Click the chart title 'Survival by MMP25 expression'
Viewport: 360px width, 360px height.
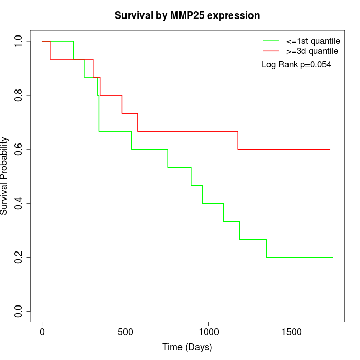(187, 15)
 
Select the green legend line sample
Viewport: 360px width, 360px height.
(271, 41)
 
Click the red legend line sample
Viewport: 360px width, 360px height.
(271, 51)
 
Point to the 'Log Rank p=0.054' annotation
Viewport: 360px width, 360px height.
(296, 65)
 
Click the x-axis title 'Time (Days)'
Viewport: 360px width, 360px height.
(187, 347)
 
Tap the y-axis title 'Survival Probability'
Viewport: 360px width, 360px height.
(5, 176)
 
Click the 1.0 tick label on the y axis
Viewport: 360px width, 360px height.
(19, 41)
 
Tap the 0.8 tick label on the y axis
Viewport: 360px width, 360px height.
(19, 95)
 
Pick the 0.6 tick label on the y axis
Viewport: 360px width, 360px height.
(19, 149)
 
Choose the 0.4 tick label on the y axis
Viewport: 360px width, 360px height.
(19, 203)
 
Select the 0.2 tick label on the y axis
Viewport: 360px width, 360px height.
(19, 257)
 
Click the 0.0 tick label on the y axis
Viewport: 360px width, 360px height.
(19, 311)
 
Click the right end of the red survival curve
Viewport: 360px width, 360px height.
(330, 149)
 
